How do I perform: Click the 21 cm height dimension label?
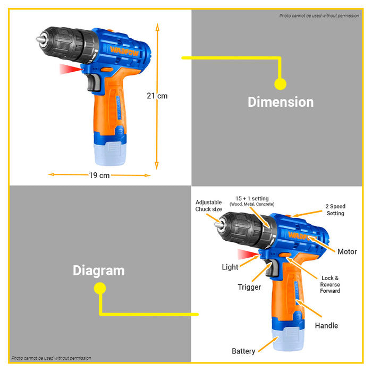click(x=157, y=96)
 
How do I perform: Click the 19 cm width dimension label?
click(x=99, y=175)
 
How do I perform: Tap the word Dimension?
click(x=281, y=102)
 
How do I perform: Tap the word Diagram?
click(x=99, y=270)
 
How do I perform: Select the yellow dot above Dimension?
click(x=280, y=83)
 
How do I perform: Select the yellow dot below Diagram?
click(x=99, y=289)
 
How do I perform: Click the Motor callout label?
click(x=347, y=251)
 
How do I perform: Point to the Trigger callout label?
click(x=249, y=287)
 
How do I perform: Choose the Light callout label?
click(x=230, y=267)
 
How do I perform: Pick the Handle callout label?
click(x=326, y=325)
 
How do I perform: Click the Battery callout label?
click(x=243, y=351)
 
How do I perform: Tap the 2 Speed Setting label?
click(x=335, y=210)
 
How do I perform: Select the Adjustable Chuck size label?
click(x=209, y=206)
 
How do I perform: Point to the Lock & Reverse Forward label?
click(x=330, y=284)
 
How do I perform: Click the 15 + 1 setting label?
click(x=252, y=201)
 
